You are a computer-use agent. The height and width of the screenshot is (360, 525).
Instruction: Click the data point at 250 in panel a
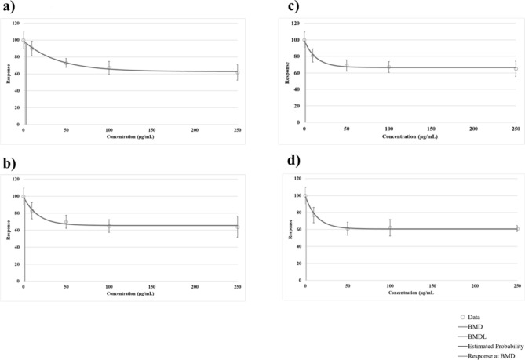238,72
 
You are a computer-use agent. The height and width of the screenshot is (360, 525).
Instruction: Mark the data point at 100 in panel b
109,227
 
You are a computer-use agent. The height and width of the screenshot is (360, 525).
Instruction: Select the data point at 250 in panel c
516,69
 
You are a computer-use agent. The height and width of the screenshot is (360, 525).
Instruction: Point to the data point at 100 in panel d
390,227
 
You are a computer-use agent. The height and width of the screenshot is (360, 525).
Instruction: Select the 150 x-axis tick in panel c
431,128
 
